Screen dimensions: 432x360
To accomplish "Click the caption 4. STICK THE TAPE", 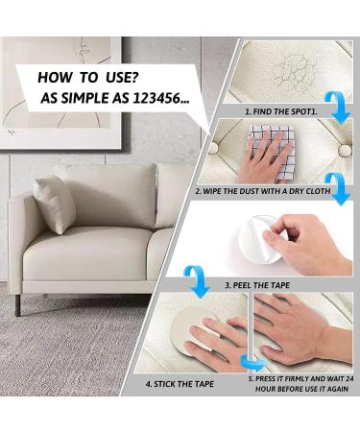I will tap(180, 383).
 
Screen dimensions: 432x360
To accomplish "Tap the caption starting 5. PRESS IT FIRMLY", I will tap(301, 378).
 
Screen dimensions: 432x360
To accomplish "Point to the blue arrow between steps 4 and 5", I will tap(252, 363).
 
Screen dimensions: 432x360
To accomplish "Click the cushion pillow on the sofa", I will tap(56, 203).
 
